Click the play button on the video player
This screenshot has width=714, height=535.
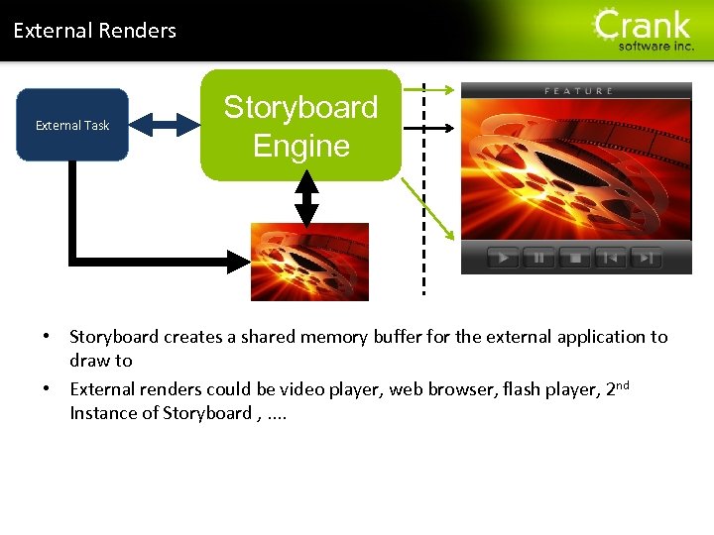[x=503, y=258]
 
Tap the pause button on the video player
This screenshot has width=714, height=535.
[x=538, y=258]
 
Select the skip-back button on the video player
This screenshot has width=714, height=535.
[x=610, y=258]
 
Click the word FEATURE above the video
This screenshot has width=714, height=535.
[x=579, y=91]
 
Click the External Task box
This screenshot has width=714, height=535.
[x=72, y=125]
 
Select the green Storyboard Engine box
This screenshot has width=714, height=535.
[x=300, y=126]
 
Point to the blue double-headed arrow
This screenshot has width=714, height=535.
[x=165, y=124]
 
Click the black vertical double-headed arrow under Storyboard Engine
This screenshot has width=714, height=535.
[x=307, y=199]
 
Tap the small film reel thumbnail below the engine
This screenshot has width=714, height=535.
[x=308, y=262]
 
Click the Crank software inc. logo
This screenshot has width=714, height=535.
[x=643, y=30]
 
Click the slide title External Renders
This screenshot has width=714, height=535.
[x=94, y=31]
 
